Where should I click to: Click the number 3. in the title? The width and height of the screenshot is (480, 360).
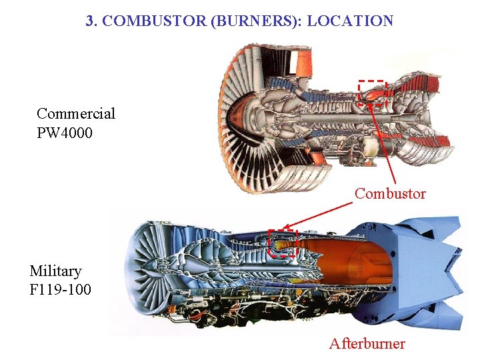[x=93, y=21]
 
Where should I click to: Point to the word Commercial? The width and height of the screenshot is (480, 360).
[x=76, y=113]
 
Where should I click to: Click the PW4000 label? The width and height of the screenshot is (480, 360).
[x=65, y=133]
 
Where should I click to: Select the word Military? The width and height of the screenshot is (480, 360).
[x=55, y=271]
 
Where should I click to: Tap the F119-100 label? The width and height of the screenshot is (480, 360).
[x=61, y=290]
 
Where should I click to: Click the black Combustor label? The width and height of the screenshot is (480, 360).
[x=390, y=194]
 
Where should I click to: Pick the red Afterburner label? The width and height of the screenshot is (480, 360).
[x=367, y=344]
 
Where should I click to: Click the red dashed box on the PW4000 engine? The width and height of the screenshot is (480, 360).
[x=372, y=93]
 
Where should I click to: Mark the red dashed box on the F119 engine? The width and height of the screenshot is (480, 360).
[x=282, y=243]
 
